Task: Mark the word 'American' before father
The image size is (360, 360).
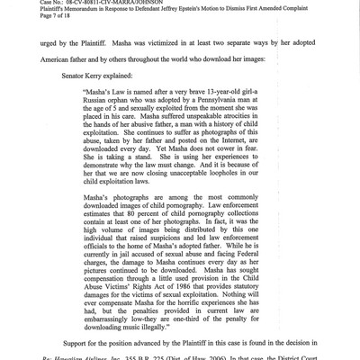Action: [60, 58]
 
